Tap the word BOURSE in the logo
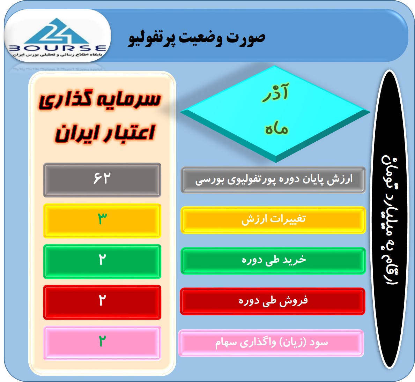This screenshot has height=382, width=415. tap(58, 48)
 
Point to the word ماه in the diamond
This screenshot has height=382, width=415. tap(276, 129)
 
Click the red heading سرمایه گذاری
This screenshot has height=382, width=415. tap(100, 100)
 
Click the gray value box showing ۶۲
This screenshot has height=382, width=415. tap(102, 180)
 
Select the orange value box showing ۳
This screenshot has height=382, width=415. tap(102, 220)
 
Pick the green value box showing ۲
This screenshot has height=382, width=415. tap(102, 261)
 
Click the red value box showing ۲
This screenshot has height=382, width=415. tap(102, 302)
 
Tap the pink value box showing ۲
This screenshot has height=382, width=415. tap(102, 343)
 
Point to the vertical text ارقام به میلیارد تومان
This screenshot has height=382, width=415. tap(390, 220)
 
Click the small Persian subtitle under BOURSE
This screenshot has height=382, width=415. tap(57, 54)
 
